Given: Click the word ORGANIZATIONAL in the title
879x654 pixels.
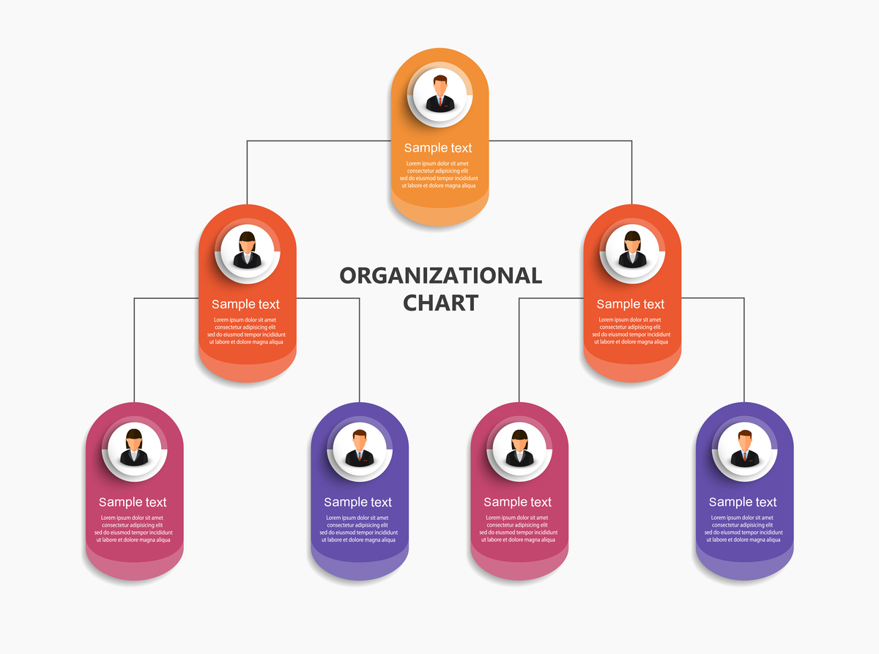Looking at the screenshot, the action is [x=441, y=276].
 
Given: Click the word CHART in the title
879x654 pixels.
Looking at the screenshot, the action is [x=441, y=303].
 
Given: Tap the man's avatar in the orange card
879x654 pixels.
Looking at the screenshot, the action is [x=440, y=94].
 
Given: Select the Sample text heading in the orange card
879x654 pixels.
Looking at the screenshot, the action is [x=438, y=148].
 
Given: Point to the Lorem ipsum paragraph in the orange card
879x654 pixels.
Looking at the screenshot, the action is [x=438, y=174].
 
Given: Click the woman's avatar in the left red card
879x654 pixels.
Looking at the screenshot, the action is [x=248, y=251].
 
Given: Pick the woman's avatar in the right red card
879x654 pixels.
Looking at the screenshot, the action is [x=632, y=251].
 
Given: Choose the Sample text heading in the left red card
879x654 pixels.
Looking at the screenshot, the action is [x=245, y=305].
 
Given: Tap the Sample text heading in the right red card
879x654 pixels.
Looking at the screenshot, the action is [x=630, y=305].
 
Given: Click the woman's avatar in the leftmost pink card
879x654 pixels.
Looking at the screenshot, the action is [x=134, y=449].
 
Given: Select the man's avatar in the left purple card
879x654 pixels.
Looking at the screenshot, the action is [x=360, y=449].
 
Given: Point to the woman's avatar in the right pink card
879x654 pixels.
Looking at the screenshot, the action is [x=519, y=449].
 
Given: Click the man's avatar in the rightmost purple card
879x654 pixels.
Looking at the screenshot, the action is [x=745, y=449].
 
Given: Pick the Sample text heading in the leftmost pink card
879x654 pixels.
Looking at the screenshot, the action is [x=133, y=502].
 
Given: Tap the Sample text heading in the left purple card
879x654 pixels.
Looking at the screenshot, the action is [x=357, y=502].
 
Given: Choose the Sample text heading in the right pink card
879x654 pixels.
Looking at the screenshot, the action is [x=517, y=502].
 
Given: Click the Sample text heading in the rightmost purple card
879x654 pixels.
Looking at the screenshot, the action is [x=743, y=502].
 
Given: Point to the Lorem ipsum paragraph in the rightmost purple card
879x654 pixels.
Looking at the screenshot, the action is [x=743, y=529].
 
